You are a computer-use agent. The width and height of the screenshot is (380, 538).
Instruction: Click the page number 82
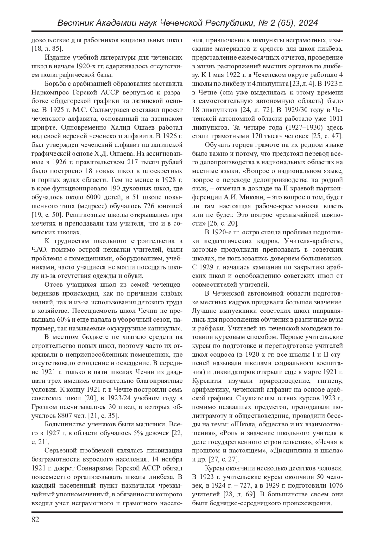click(35, 520)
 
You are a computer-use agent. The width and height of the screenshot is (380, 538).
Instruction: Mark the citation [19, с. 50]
click(47, 215)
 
